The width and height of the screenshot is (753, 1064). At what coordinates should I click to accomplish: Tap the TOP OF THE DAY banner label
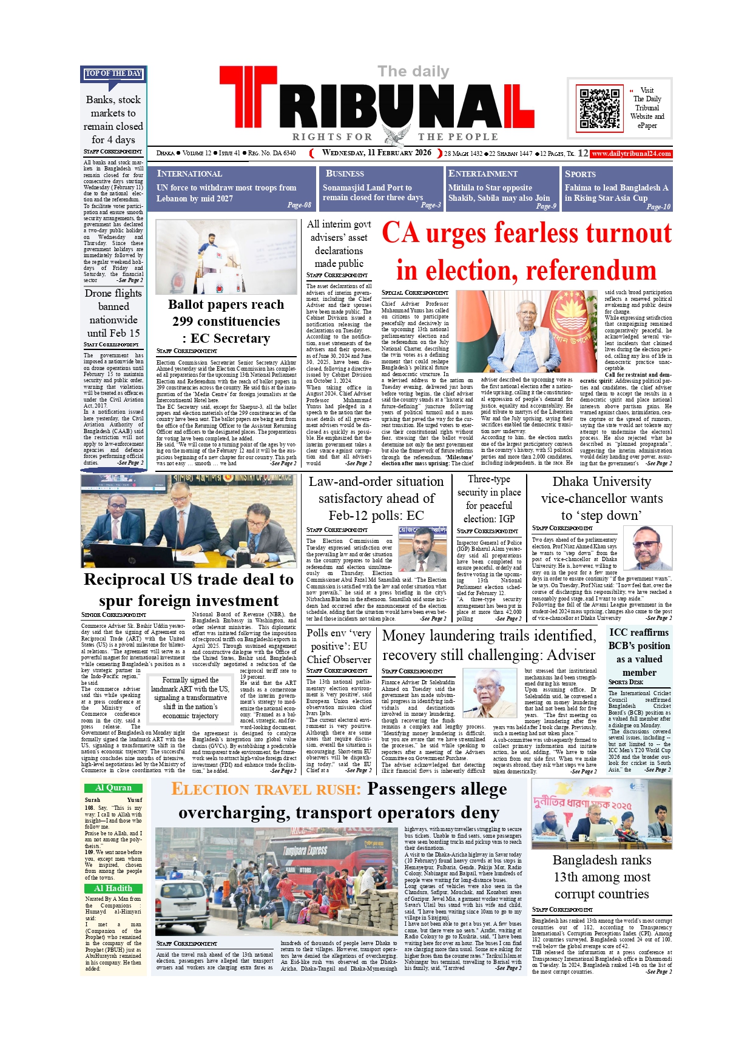point(113,73)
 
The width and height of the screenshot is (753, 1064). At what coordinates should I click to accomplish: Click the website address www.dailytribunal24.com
point(631,153)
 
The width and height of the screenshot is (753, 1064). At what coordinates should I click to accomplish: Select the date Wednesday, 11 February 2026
point(376,153)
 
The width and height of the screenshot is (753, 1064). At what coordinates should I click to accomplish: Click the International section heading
point(189,174)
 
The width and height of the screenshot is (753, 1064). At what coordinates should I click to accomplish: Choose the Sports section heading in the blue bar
point(580,174)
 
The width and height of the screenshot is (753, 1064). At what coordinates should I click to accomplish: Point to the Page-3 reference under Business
point(431,205)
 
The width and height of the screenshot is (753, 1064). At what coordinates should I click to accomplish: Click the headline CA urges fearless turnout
point(527,251)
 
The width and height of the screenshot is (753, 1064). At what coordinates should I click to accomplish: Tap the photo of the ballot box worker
point(226,257)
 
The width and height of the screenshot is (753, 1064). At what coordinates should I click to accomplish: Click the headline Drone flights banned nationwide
point(113,313)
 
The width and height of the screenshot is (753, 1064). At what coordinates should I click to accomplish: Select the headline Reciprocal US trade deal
point(189,590)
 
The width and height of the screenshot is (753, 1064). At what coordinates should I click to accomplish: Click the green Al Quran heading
point(113,788)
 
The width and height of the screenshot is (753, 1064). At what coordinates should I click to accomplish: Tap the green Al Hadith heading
point(113,888)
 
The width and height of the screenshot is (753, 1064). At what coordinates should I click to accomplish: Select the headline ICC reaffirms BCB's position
point(640,652)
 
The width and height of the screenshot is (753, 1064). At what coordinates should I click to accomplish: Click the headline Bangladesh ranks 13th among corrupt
point(601,877)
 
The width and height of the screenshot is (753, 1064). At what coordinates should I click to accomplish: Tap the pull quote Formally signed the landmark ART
point(190,698)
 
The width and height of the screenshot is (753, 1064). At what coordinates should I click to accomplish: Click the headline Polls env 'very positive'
point(339,646)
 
